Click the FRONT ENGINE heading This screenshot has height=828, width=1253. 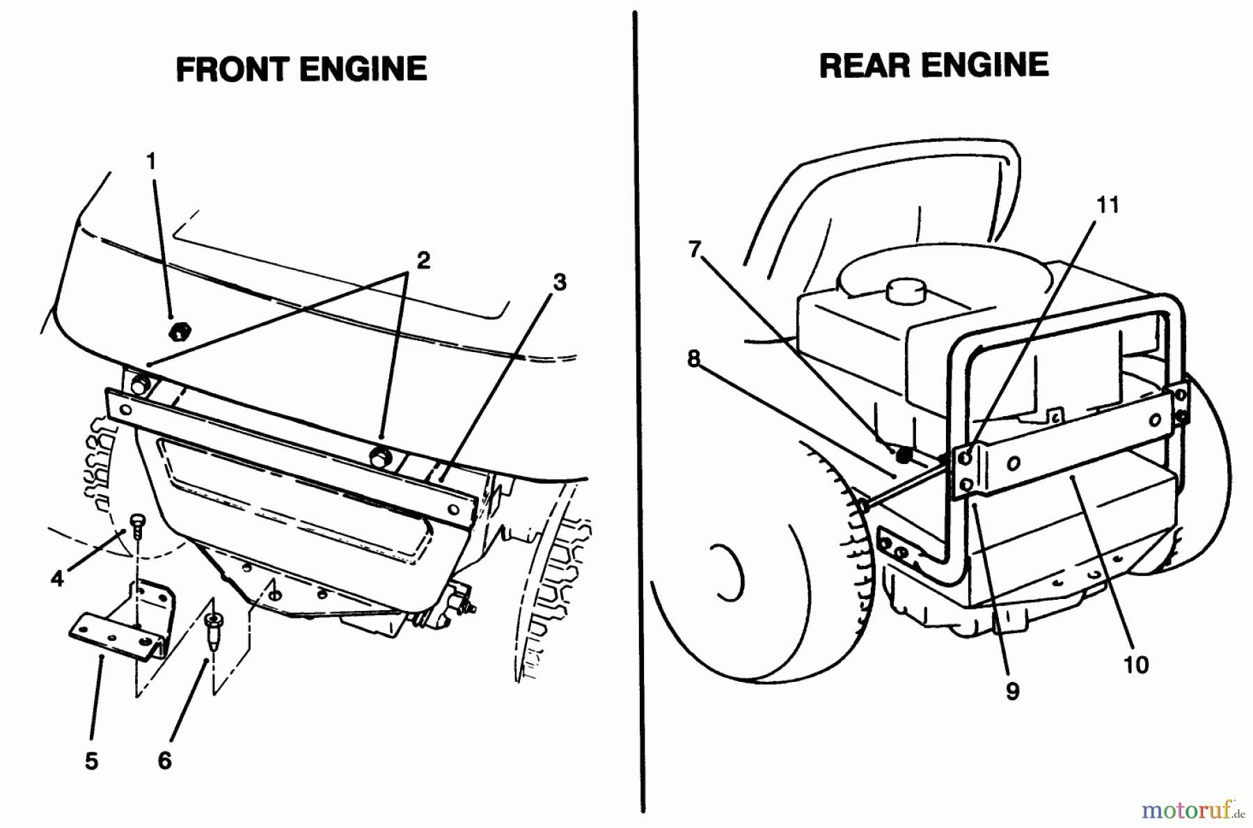point(301,70)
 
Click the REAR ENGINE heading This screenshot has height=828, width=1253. point(933,66)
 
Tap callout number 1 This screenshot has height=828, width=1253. point(151,161)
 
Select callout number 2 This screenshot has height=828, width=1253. point(423,260)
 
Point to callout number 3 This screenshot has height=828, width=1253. point(559,282)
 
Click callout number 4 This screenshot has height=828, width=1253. point(57,578)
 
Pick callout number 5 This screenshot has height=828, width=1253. point(91,761)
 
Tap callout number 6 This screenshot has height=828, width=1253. point(164,761)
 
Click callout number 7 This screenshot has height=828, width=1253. point(693,248)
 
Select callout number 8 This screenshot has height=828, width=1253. point(693,358)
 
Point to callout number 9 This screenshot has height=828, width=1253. point(1012,691)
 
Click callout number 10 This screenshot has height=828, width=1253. point(1135,664)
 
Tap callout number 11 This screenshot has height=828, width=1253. point(1108,205)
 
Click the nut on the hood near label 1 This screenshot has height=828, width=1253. point(179,330)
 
